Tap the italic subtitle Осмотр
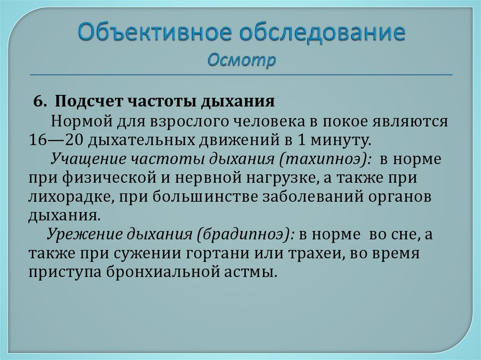coord(242,60)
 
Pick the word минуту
coord(345,140)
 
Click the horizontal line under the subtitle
coord(240,74)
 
